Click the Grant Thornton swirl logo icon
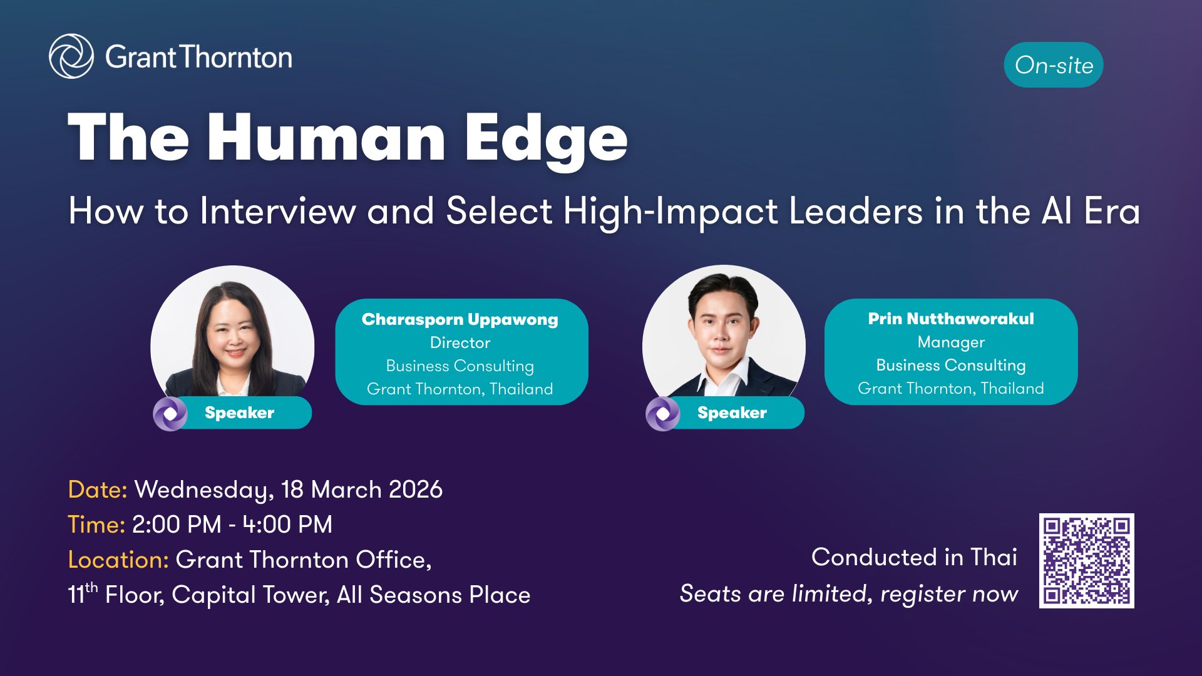click(x=71, y=56)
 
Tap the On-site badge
click(x=1054, y=65)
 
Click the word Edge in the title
click(x=546, y=139)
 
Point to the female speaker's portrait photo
click(x=232, y=338)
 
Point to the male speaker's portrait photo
click(x=724, y=338)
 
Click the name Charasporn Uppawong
click(x=460, y=320)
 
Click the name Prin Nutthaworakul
click(x=951, y=319)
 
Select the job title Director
click(x=460, y=342)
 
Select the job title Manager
click(x=951, y=342)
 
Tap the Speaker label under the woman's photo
click(x=239, y=412)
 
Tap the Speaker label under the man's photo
click(x=732, y=412)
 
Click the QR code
click(x=1087, y=561)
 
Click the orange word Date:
click(x=98, y=489)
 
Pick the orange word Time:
click(x=96, y=525)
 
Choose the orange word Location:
click(x=118, y=560)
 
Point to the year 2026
click(x=416, y=489)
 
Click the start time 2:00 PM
click(x=177, y=525)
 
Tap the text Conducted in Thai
click(x=914, y=557)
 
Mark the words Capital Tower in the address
click(x=250, y=595)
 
